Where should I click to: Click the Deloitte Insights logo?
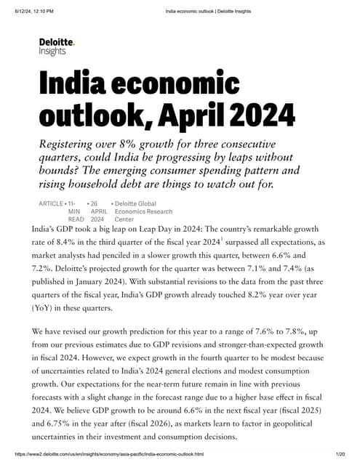tap(57, 47)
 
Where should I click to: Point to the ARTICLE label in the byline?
tap(50, 203)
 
